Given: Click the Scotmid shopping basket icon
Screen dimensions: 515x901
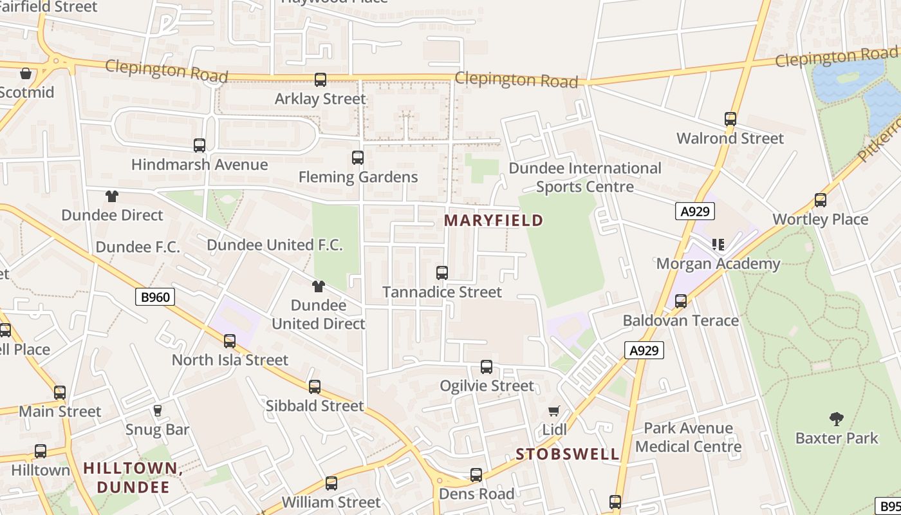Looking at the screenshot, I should (25, 73).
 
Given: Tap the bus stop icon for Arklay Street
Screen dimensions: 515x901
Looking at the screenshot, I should (320, 80).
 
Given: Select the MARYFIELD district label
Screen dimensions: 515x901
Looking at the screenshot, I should (494, 221).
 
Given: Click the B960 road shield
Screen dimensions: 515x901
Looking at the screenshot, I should (155, 297).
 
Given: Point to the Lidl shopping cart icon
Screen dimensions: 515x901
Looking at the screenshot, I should (553, 411).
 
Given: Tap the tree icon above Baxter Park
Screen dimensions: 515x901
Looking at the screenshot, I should (836, 420).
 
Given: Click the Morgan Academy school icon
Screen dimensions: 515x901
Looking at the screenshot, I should (718, 245).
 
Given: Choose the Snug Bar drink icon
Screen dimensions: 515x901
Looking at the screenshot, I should (157, 411).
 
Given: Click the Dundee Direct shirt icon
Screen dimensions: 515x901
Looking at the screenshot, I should (112, 196).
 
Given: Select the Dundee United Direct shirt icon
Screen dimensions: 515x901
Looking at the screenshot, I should (318, 286).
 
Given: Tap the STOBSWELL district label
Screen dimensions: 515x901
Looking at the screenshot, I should (568, 454).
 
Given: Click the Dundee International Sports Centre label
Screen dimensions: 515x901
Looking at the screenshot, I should (585, 177).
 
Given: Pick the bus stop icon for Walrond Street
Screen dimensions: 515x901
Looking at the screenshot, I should (730, 119).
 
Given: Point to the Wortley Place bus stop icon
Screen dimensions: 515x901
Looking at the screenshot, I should (820, 200).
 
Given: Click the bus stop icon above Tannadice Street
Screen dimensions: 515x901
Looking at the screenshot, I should (441, 273).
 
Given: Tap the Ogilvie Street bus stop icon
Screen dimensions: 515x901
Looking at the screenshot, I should (487, 367).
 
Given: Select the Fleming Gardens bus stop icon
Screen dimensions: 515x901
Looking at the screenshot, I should (357, 158).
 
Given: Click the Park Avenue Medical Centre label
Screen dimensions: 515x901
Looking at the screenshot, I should (688, 437).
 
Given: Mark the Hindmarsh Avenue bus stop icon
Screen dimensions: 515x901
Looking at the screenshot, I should (200, 145).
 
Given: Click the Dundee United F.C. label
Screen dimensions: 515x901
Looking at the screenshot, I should (275, 245).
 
